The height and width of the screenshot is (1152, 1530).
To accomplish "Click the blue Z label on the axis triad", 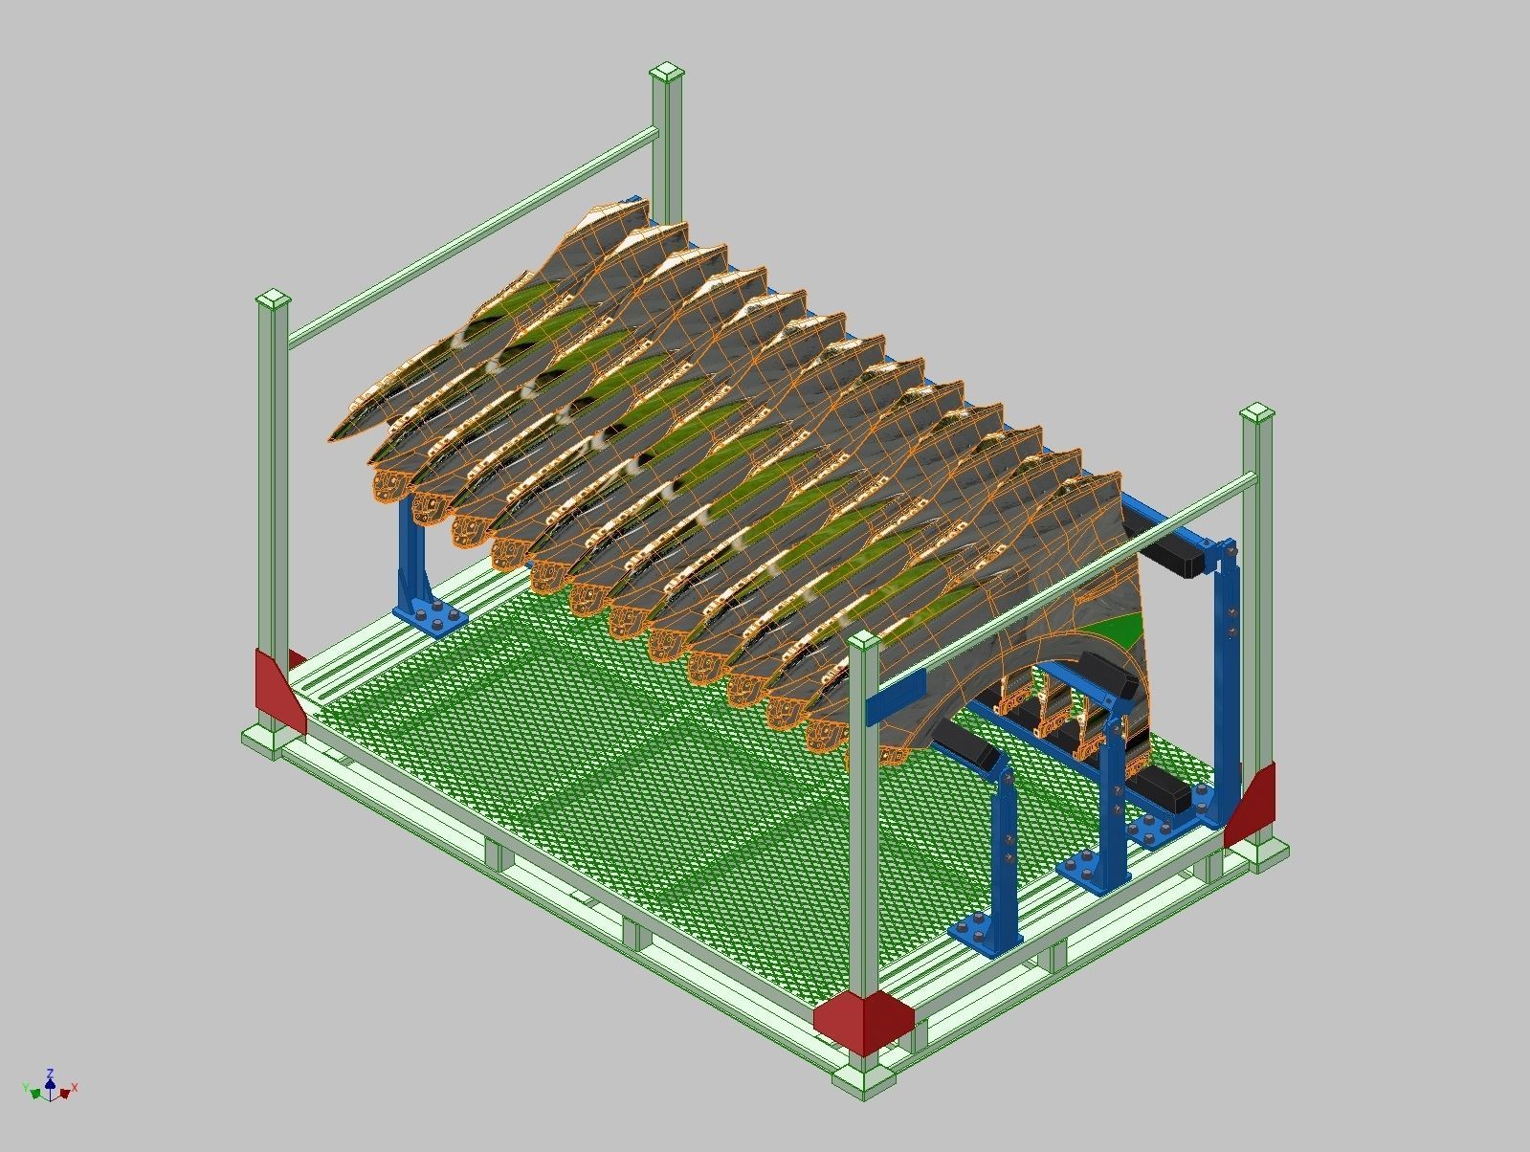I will tap(50, 1073).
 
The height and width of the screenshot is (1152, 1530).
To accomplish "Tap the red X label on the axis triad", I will tap(75, 1088).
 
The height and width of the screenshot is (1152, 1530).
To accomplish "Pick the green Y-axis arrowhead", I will tap(35, 1092).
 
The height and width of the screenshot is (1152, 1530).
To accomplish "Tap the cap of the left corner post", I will tap(273, 299).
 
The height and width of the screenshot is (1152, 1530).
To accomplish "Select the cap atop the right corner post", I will tap(1257, 414).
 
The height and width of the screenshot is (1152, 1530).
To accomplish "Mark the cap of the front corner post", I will tap(863, 641).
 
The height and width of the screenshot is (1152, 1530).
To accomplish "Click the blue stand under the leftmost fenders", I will tap(416, 574).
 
